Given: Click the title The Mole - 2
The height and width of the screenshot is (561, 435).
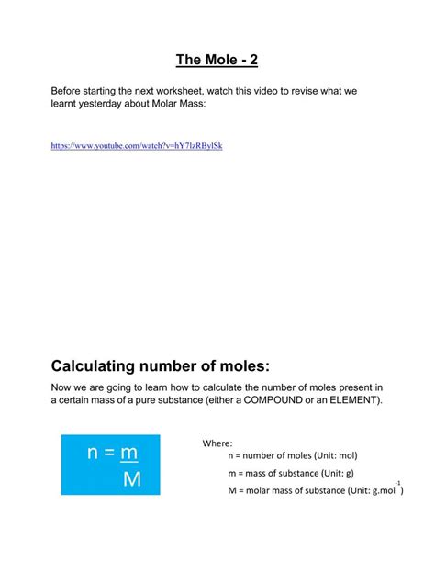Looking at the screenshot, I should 217,62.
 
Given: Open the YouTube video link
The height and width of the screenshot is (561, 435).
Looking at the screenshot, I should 136,146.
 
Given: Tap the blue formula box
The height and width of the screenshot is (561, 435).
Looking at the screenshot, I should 110,465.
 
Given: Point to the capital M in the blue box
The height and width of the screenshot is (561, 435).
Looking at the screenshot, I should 131,479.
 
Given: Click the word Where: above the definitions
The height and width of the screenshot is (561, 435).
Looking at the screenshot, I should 217,443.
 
